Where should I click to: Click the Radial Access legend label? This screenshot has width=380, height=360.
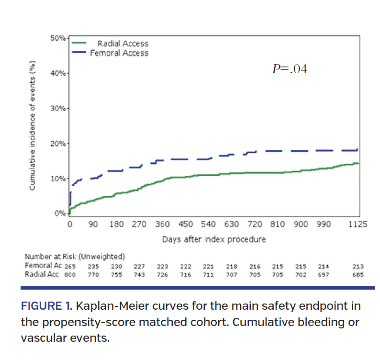coord(123,44)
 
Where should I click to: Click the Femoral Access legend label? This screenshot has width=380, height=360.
coord(119,53)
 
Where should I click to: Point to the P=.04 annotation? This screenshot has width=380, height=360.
coord(289,69)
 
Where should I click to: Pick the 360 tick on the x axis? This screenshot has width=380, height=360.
coord(163,225)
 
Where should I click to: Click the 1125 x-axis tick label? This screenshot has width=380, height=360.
coord(358,225)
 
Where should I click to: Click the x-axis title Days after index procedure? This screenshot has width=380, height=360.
coord(214,239)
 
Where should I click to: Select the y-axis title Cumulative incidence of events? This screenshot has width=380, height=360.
coord(33,126)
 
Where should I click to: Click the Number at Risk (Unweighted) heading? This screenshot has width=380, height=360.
coord(75,256)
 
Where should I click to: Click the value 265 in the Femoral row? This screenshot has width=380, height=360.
coord(70,266)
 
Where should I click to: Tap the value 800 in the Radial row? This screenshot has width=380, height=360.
coord(70,275)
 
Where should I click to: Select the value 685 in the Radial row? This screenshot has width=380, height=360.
coord(358,275)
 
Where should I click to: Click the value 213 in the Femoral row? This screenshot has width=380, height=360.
coord(358,266)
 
